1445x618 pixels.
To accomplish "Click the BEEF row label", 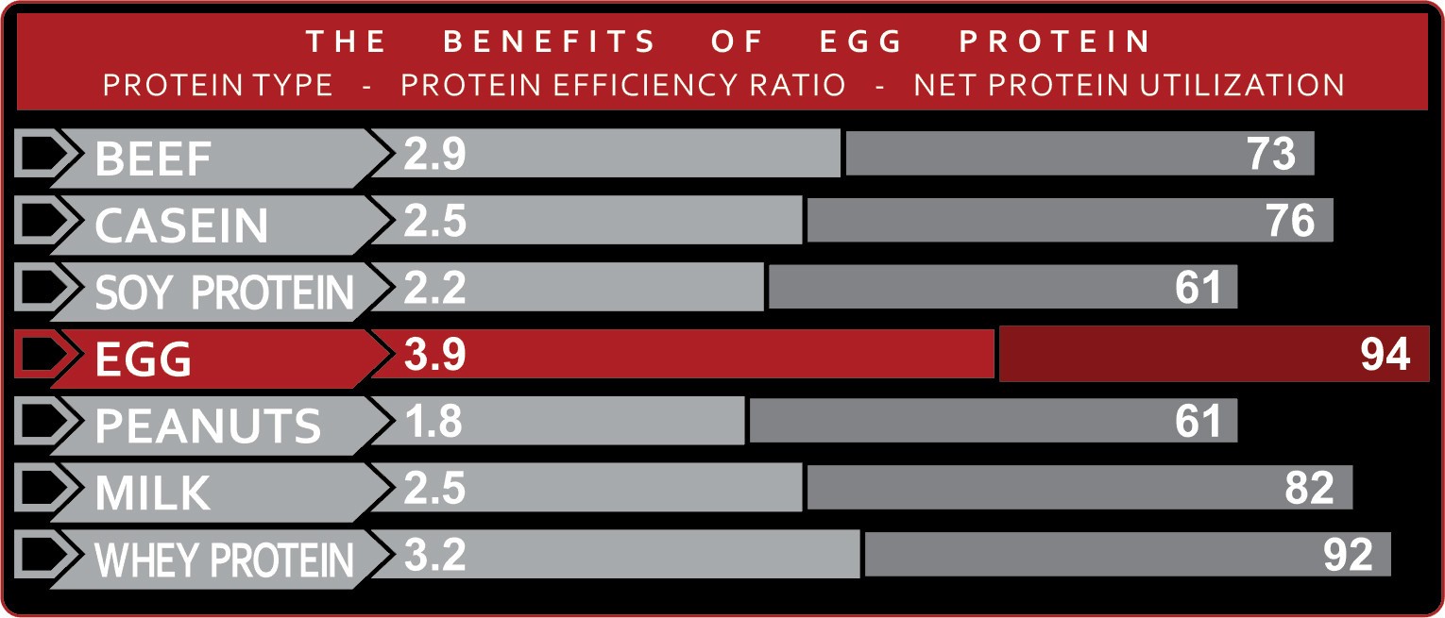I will [x=153, y=159].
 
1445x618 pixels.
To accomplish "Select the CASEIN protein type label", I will [x=181, y=225].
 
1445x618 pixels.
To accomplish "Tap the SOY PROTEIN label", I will [x=225, y=292].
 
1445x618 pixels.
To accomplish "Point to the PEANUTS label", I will [x=208, y=426].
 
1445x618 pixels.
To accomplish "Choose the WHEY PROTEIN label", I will [x=225, y=560].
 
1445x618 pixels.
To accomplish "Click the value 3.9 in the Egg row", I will [x=434, y=355].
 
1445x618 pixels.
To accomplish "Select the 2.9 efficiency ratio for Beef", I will [x=434, y=154].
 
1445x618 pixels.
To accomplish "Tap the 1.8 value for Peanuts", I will [x=434, y=422].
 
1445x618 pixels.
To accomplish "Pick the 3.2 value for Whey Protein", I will [x=434, y=556].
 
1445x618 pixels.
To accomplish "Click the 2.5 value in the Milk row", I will [x=434, y=489].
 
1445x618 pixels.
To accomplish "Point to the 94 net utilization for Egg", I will [x=1385, y=355].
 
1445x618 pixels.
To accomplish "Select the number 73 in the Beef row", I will [x=1270, y=154].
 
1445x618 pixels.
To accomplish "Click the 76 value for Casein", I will [x=1289, y=221].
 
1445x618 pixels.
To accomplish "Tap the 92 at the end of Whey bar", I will [x=1347, y=556].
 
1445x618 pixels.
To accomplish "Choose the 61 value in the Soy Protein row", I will [x=1198, y=288].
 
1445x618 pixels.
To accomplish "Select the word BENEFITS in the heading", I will [x=550, y=42].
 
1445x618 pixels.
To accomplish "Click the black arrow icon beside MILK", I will [x=41, y=489].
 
